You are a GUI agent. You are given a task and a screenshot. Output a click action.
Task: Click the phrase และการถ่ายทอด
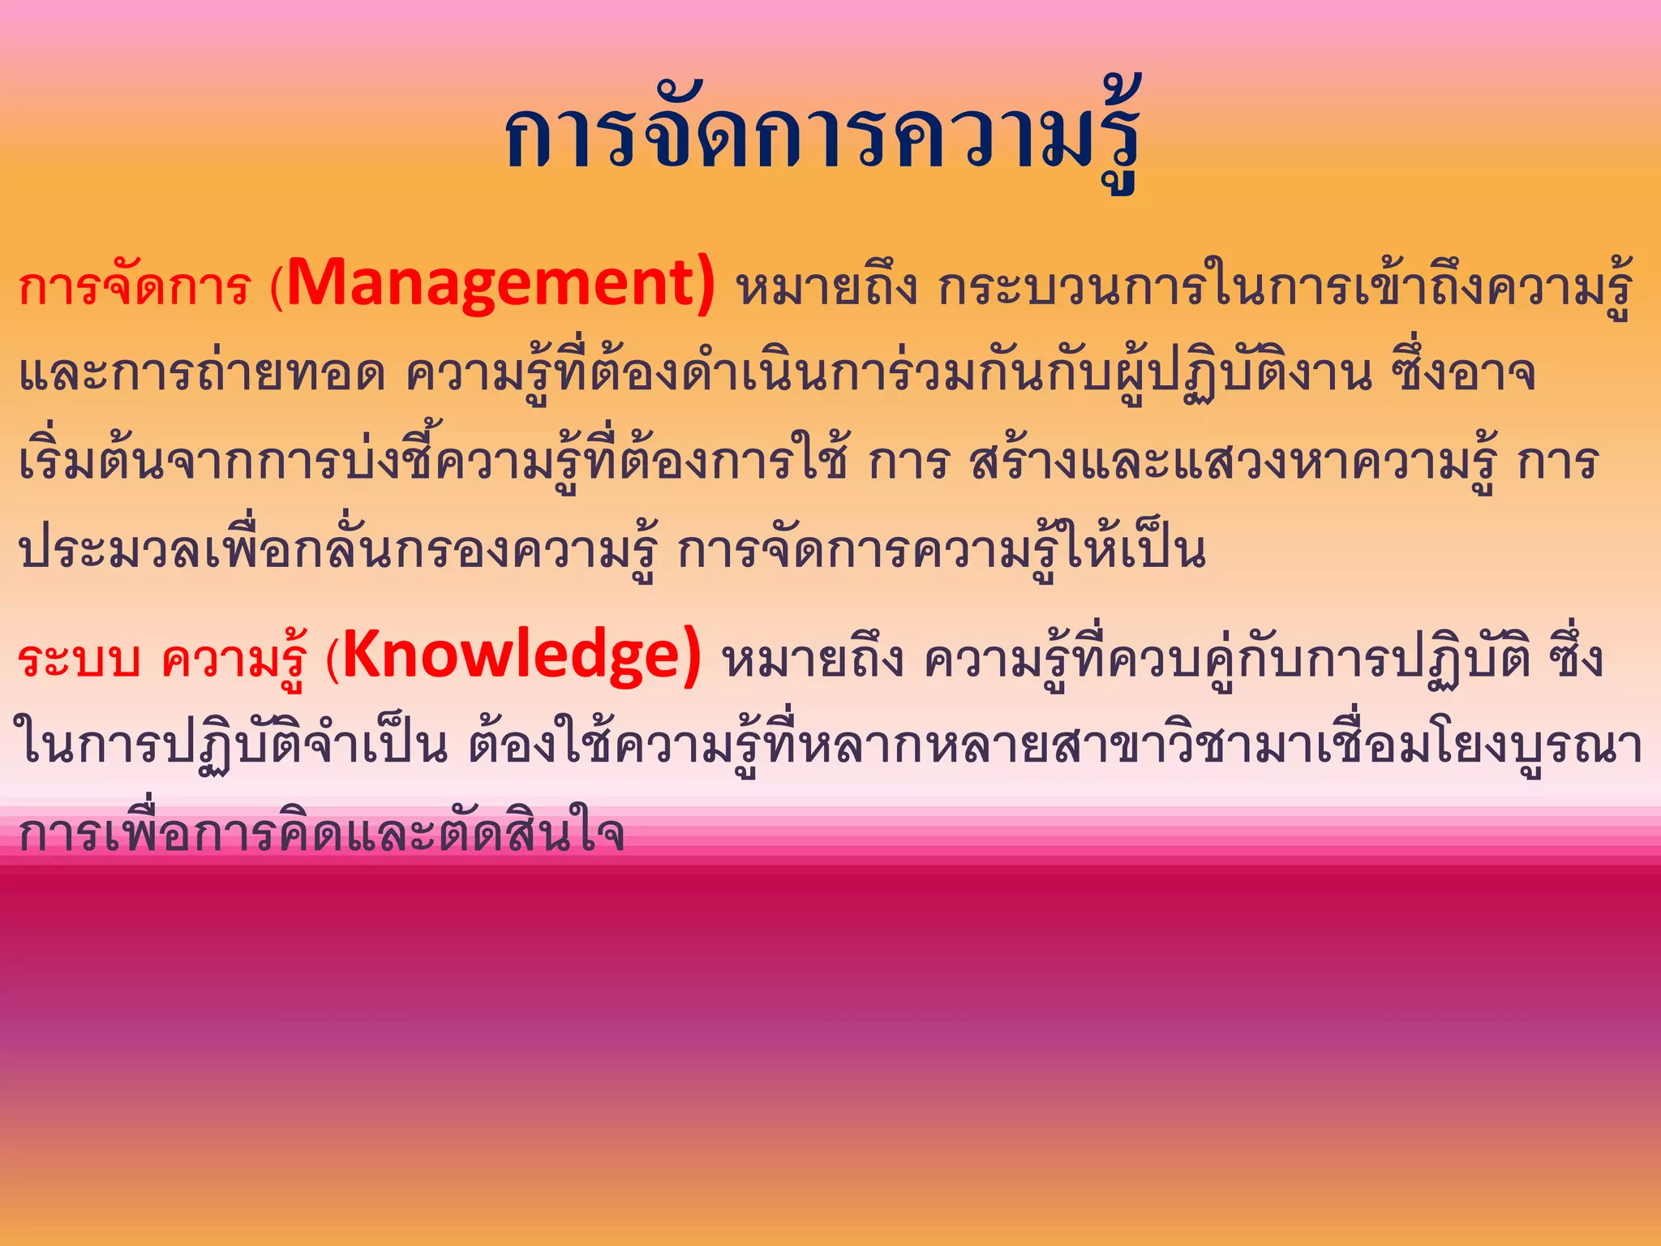[x=202, y=375]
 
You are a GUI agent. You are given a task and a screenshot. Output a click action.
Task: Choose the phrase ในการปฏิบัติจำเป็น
[x=231, y=746]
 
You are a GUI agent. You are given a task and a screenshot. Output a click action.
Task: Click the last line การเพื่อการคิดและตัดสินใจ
[x=321, y=834]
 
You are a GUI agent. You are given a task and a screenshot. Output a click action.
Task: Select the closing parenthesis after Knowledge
[x=691, y=658]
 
